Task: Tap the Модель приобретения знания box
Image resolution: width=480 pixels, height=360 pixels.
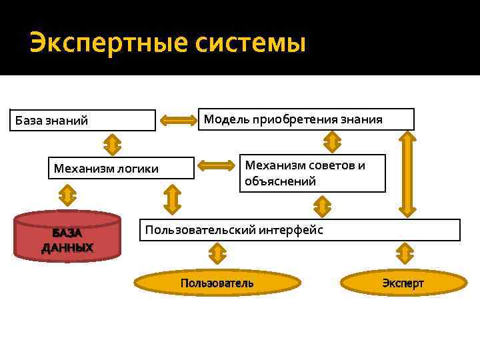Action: [x=307, y=119]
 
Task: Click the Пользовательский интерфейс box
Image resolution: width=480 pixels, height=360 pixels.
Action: [x=300, y=230]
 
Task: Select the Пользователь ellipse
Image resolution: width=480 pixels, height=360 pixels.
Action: [x=217, y=283]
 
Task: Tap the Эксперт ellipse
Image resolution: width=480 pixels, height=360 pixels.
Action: [x=403, y=283]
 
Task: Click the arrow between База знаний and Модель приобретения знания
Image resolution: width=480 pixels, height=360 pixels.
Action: [x=178, y=120]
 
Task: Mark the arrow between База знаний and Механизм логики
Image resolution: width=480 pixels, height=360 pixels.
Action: [x=112, y=143]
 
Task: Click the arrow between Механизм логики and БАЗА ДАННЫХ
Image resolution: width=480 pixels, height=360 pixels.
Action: [x=67, y=195]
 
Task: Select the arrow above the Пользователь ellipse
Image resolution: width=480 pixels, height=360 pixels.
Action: [x=217, y=253]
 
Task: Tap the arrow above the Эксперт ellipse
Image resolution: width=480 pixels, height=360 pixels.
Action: [x=404, y=253]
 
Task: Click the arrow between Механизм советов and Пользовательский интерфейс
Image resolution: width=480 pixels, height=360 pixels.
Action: [x=323, y=205]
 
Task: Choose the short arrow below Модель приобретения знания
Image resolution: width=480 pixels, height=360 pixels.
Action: [x=332, y=141]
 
